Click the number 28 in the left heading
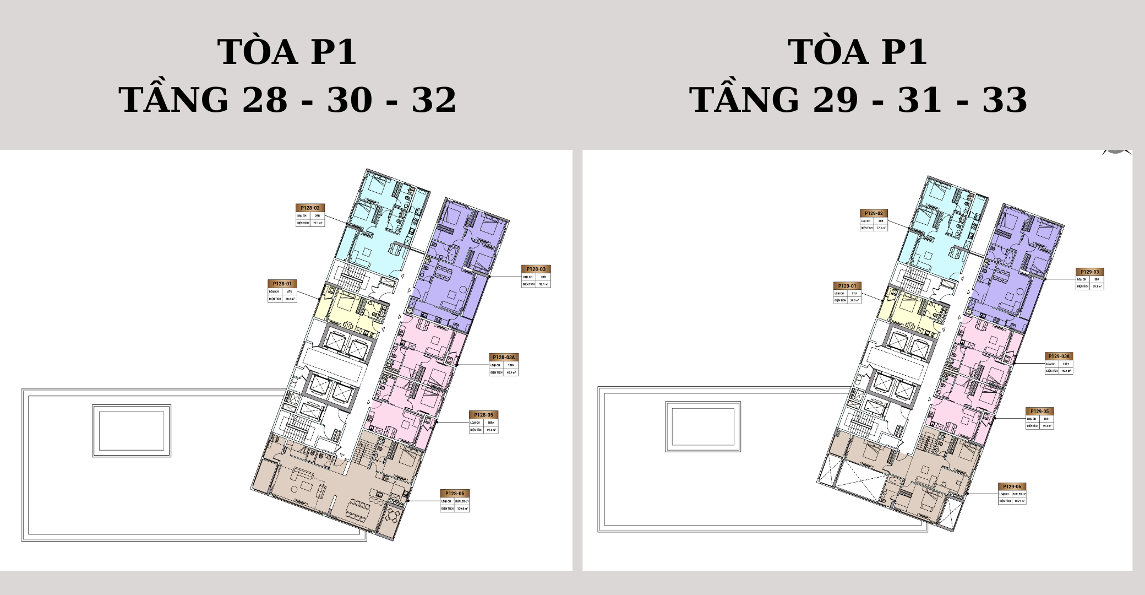(x=265, y=100)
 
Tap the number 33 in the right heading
(x=1005, y=100)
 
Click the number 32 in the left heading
(x=434, y=100)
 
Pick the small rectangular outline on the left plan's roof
(x=132, y=431)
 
